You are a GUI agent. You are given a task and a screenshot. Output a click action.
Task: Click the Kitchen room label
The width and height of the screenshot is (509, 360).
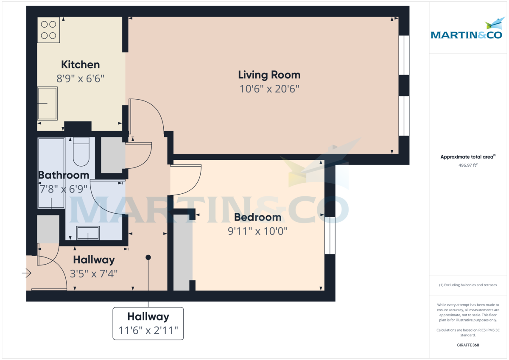pyautogui.click(x=81, y=64)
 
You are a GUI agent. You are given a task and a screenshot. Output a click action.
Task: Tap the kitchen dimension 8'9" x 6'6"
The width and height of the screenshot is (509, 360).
pyautogui.click(x=81, y=78)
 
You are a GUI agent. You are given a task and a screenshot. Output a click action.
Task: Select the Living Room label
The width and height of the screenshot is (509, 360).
pyautogui.click(x=269, y=75)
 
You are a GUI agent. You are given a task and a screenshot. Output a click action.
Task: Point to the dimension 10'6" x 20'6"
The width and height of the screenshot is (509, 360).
pyautogui.click(x=269, y=89)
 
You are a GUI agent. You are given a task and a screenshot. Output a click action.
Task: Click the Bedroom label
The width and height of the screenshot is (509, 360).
pyautogui.click(x=257, y=217)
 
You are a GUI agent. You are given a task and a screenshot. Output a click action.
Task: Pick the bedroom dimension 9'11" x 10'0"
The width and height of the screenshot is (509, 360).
pyautogui.click(x=257, y=231)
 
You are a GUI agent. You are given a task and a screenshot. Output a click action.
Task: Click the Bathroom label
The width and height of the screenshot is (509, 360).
pyautogui.click(x=64, y=175)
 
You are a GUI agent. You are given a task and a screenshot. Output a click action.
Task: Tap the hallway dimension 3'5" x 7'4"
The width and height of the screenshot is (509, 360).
pyautogui.click(x=94, y=273)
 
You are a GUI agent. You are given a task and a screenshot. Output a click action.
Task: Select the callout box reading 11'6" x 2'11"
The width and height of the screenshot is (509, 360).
pyautogui.click(x=148, y=324)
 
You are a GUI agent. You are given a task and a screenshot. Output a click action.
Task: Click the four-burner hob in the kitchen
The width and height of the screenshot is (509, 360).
pyautogui.click(x=48, y=30)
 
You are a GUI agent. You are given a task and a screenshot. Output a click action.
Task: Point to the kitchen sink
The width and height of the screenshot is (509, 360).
pyautogui.click(x=48, y=103)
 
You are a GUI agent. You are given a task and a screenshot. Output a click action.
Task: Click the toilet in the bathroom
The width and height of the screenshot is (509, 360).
pyautogui.click(x=81, y=152)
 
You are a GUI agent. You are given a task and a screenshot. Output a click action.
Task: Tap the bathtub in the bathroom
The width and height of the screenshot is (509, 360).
pyautogui.click(x=51, y=173)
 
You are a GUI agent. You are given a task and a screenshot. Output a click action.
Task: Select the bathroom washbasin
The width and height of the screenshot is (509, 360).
pyautogui.click(x=88, y=233)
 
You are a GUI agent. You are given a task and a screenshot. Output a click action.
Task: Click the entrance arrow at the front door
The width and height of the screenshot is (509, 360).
pyautogui.click(x=27, y=273)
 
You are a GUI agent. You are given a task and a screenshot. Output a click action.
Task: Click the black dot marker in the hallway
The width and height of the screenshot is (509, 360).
pyautogui.click(x=148, y=257)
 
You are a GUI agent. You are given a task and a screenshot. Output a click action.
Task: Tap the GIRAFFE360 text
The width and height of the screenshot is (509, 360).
pyautogui.click(x=467, y=345)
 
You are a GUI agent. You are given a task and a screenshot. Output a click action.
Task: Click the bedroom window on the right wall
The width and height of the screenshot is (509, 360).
pyautogui.click(x=330, y=235)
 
